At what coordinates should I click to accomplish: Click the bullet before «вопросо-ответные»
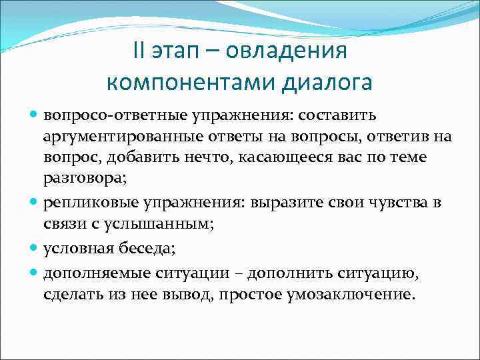(34, 115)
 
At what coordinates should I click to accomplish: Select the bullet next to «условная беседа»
(34, 248)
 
